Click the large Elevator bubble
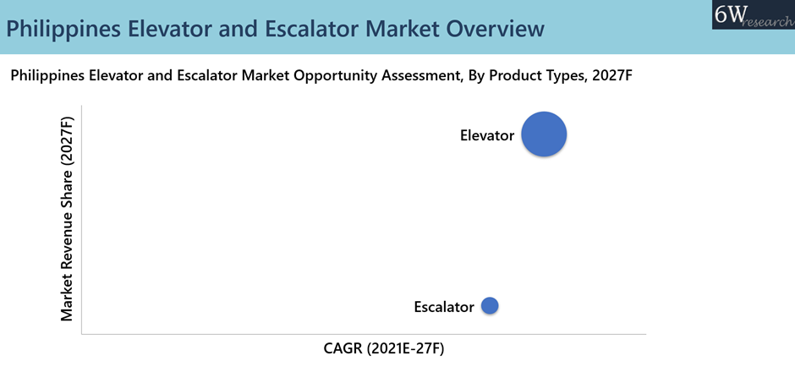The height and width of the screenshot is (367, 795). pyautogui.click(x=544, y=134)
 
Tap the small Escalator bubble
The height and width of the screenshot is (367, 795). pyautogui.click(x=490, y=305)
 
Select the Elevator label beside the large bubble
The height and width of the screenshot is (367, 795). pyautogui.click(x=487, y=135)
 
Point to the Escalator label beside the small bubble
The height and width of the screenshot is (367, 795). pyautogui.click(x=444, y=307)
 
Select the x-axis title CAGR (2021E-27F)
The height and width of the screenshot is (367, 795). pyautogui.click(x=384, y=348)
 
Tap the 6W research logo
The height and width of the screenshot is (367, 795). pyautogui.click(x=754, y=14)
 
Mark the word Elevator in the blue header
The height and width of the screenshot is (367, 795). pyautogui.click(x=171, y=29)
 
